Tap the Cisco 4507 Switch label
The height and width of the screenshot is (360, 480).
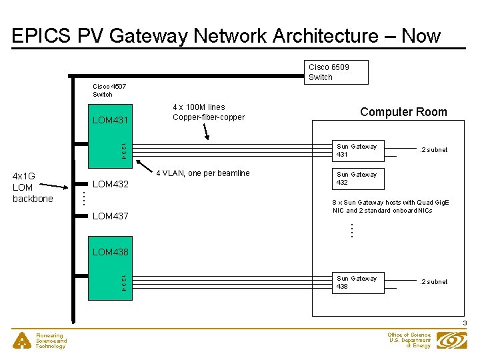[x=109, y=90]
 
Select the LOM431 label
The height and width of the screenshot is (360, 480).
[x=111, y=120]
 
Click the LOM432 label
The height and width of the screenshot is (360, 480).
[x=111, y=183]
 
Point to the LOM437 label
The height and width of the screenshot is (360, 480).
[x=111, y=216]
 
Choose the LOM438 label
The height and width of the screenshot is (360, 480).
[x=111, y=252]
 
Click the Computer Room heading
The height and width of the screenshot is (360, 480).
[x=403, y=112]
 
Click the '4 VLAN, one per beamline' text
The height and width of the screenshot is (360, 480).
[x=203, y=173]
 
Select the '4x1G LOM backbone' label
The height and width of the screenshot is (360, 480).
[x=33, y=187]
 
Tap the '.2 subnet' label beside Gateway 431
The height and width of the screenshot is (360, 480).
[x=433, y=150]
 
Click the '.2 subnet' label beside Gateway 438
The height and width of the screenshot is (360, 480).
[x=433, y=282]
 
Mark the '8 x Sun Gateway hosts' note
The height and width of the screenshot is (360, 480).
[x=391, y=206]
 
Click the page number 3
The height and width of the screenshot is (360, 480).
[x=465, y=324]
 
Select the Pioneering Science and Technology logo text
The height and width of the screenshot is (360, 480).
[x=51, y=341]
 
